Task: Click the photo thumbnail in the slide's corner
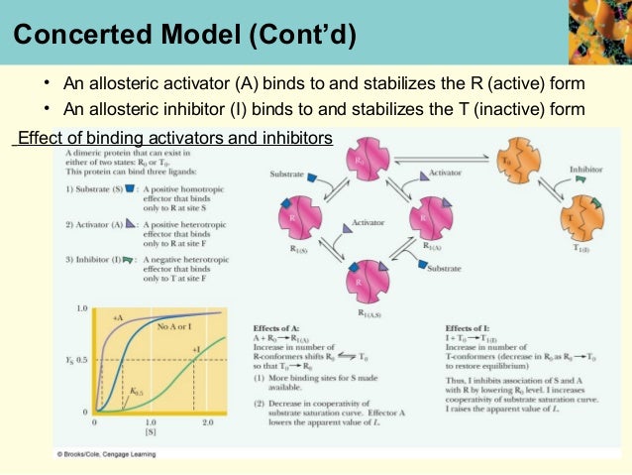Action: pyautogui.click(x=599, y=32)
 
